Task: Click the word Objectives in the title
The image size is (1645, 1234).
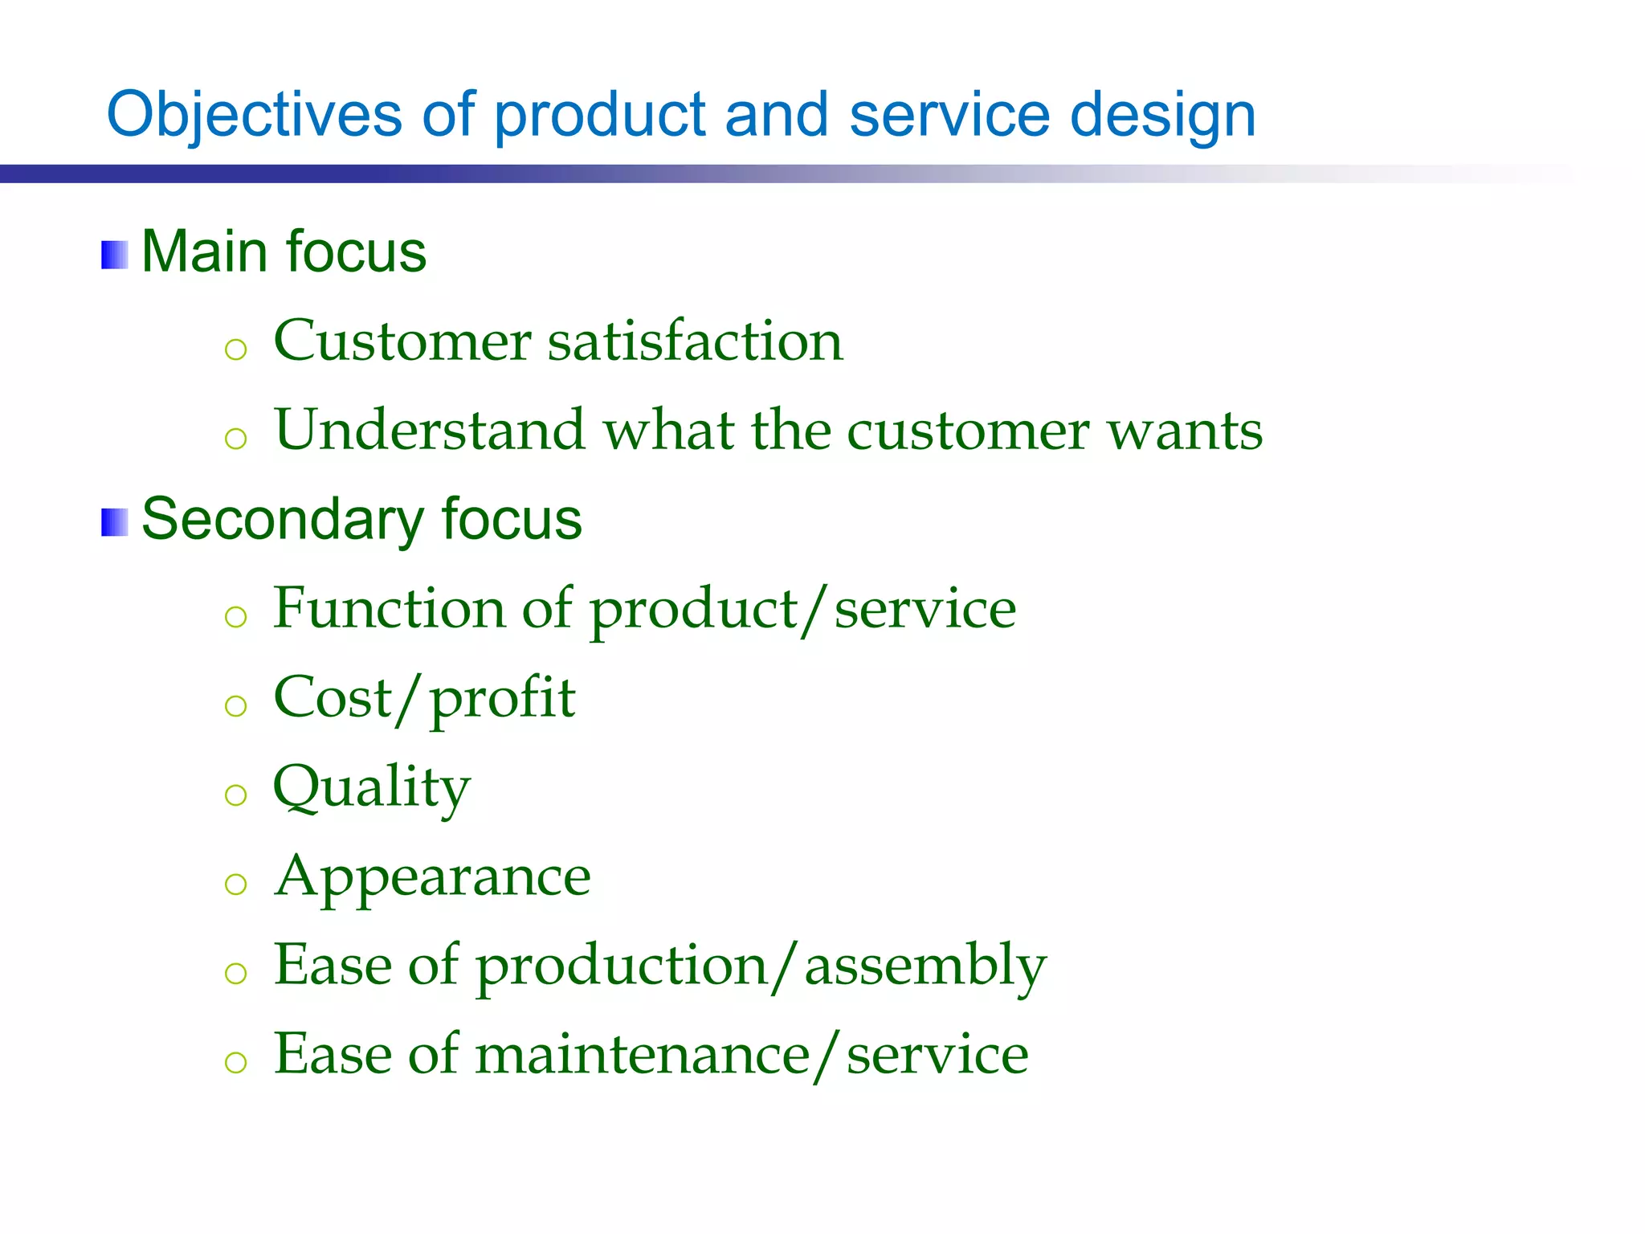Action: (254, 115)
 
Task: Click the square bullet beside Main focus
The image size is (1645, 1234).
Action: (114, 255)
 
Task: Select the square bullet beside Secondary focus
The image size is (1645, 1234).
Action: (114, 522)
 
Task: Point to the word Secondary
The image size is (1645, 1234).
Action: (281, 521)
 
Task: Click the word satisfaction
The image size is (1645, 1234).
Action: (695, 341)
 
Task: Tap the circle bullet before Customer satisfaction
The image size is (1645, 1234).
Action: (235, 349)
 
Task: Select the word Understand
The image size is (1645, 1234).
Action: (429, 430)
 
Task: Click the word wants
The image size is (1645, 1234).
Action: (1185, 431)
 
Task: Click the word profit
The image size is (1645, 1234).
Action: (503, 699)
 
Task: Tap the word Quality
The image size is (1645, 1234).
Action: (371, 788)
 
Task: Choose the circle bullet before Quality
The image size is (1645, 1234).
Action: (235, 795)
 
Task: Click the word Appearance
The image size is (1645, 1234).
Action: (432, 877)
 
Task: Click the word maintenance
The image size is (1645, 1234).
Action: (643, 1055)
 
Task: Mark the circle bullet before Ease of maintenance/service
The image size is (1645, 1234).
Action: (235, 1063)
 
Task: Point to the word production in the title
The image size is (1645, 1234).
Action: (599, 115)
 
